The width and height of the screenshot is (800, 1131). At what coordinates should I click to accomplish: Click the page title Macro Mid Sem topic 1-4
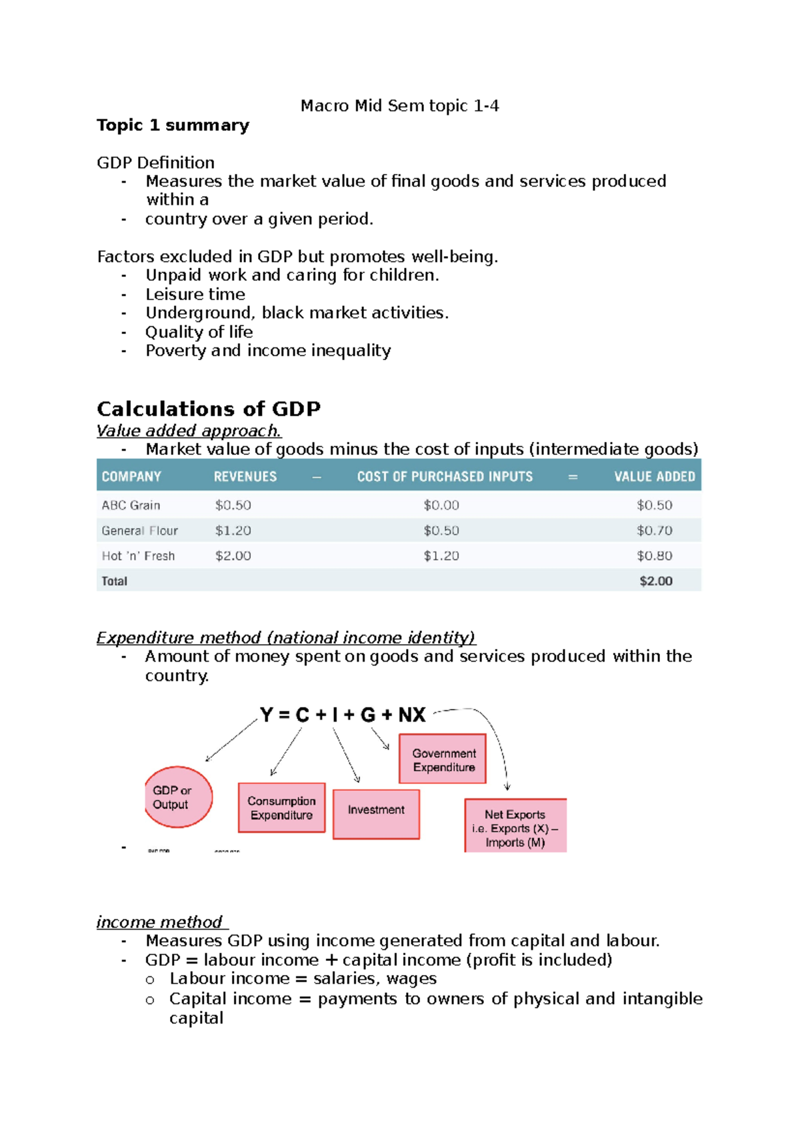(x=399, y=106)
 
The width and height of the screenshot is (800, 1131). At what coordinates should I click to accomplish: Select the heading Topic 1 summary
(x=173, y=125)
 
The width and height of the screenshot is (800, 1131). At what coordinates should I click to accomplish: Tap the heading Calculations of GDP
(x=208, y=408)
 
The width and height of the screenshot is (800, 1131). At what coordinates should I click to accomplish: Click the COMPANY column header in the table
(x=131, y=477)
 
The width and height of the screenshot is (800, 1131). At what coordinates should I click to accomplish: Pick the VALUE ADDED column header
(x=654, y=477)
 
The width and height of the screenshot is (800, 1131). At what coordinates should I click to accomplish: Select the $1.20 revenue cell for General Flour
(x=233, y=531)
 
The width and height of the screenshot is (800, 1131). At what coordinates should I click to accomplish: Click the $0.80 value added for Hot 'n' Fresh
(x=654, y=555)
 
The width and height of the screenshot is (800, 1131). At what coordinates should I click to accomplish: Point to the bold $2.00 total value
(x=655, y=581)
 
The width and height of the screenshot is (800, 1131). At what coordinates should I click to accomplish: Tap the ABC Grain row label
(x=131, y=505)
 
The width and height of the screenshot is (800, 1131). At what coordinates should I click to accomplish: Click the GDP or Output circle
(x=178, y=798)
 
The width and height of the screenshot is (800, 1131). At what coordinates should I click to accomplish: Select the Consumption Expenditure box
(x=281, y=808)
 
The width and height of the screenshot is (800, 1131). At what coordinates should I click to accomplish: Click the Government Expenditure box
(x=443, y=760)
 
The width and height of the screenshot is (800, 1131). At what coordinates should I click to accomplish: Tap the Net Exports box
(x=515, y=827)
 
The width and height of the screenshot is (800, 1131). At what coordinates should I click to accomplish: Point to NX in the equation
(x=412, y=715)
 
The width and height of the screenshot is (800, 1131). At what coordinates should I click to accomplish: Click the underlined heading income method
(x=159, y=922)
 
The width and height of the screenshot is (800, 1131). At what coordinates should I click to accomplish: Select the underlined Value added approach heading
(x=189, y=431)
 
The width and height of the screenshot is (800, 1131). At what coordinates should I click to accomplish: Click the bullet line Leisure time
(x=195, y=294)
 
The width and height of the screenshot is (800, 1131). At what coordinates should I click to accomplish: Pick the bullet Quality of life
(x=199, y=332)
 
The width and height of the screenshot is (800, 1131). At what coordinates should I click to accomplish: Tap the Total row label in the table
(x=114, y=581)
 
